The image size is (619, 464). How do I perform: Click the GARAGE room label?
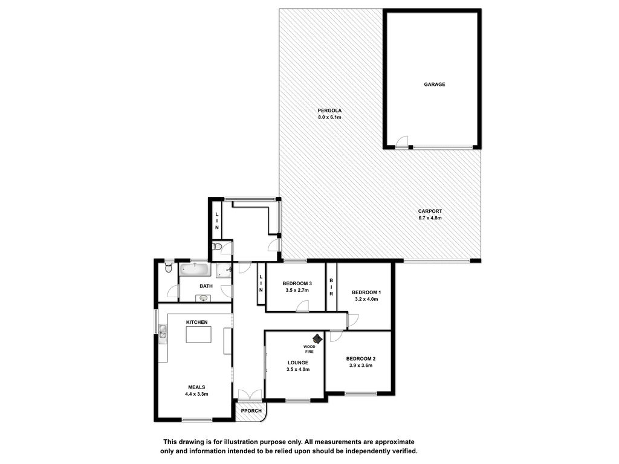point(434,85)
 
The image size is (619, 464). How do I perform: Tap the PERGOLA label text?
point(329,111)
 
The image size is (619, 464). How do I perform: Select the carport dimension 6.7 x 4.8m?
point(430,217)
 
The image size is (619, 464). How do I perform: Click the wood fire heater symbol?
point(317,338)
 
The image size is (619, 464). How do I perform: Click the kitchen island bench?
point(198,335)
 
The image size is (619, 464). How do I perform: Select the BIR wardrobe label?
point(331,287)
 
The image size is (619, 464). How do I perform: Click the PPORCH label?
point(251,411)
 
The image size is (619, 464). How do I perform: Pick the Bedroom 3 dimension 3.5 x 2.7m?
point(297,290)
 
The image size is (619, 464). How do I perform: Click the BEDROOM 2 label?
point(361,359)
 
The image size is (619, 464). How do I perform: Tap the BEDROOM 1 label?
point(366,292)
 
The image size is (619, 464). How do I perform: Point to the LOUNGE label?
point(298,362)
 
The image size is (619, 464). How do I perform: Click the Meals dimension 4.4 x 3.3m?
point(196,394)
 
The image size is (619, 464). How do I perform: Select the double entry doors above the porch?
point(250,395)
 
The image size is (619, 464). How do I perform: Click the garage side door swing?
point(402,142)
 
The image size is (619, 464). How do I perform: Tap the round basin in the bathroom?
point(203,298)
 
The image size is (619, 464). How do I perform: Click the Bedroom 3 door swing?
point(303,306)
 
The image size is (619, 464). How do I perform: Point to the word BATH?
point(206,286)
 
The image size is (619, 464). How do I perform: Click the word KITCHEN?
point(196,323)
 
